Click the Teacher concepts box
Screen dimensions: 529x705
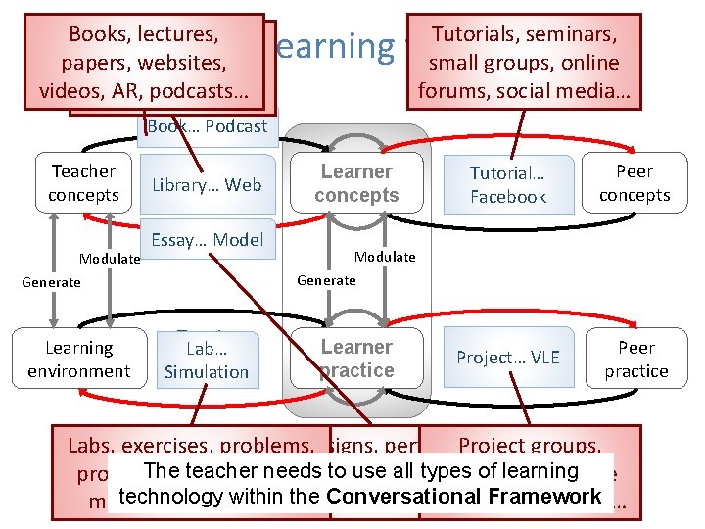[x=83, y=183]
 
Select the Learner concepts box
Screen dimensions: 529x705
[x=356, y=183]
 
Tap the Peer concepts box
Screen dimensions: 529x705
[x=634, y=183]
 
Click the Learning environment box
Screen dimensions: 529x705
[x=78, y=360]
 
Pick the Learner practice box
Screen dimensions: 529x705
[x=356, y=359]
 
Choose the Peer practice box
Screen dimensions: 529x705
[x=635, y=360]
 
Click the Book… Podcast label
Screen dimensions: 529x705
[x=207, y=126]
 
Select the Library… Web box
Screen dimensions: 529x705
[x=207, y=185]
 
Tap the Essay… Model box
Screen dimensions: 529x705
[x=207, y=240]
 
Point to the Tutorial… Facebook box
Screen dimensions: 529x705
[x=507, y=185]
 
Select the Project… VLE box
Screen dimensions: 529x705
[x=507, y=358]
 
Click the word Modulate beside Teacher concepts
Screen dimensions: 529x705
[x=110, y=259]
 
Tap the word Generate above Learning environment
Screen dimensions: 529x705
[x=52, y=282]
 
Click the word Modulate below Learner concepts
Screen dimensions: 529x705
[x=385, y=257]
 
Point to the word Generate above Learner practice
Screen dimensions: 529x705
[x=326, y=280]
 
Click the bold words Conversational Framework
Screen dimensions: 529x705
[x=463, y=497]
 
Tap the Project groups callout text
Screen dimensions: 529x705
[x=530, y=447]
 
